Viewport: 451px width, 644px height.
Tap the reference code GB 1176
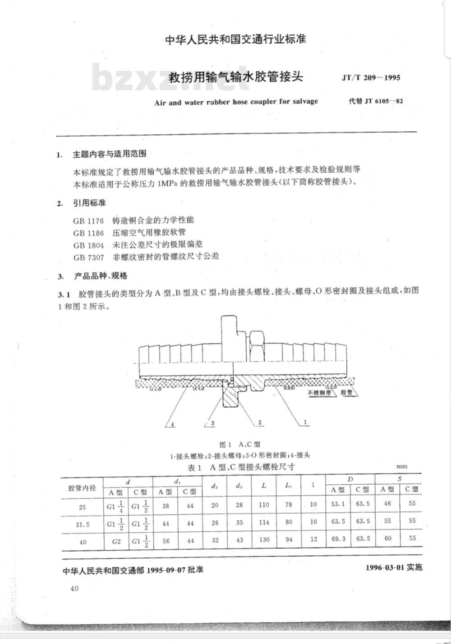tap(88, 221)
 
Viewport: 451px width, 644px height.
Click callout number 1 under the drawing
tap(305, 423)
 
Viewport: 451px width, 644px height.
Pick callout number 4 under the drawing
tap(171, 424)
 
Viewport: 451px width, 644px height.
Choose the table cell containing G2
tap(115, 541)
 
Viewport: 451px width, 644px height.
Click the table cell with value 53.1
tap(338, 504)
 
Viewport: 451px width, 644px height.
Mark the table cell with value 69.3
tap(338, 539)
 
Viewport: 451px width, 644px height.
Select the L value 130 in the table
tap(264, 540)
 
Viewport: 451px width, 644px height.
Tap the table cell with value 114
tap(264, 522)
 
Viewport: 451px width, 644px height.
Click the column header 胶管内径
tap(82, 488)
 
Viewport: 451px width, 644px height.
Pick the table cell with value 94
tap(289, 540)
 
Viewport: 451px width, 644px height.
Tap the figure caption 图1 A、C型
tap(239, 445)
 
